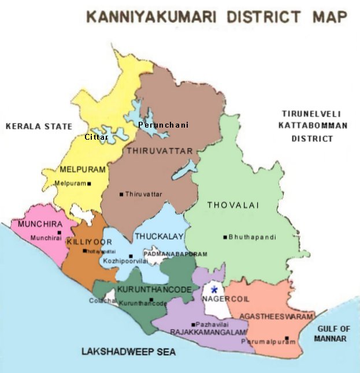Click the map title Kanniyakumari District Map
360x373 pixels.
[217, 16]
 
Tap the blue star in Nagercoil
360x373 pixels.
[214, 289]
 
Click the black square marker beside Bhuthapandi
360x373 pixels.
[225, 237]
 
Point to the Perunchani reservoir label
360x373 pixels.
[164, 125]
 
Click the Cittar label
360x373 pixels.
[96, 137]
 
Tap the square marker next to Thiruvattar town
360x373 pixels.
[121, 194]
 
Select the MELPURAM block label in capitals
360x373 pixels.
[83, 170]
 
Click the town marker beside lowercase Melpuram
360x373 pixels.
[89, 184]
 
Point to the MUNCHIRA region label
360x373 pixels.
[39, 224]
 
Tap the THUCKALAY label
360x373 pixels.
[159, 236]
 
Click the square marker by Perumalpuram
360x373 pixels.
[287, 338]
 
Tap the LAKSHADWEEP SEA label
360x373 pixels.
[128, 351]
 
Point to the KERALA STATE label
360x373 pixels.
[39, 126]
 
